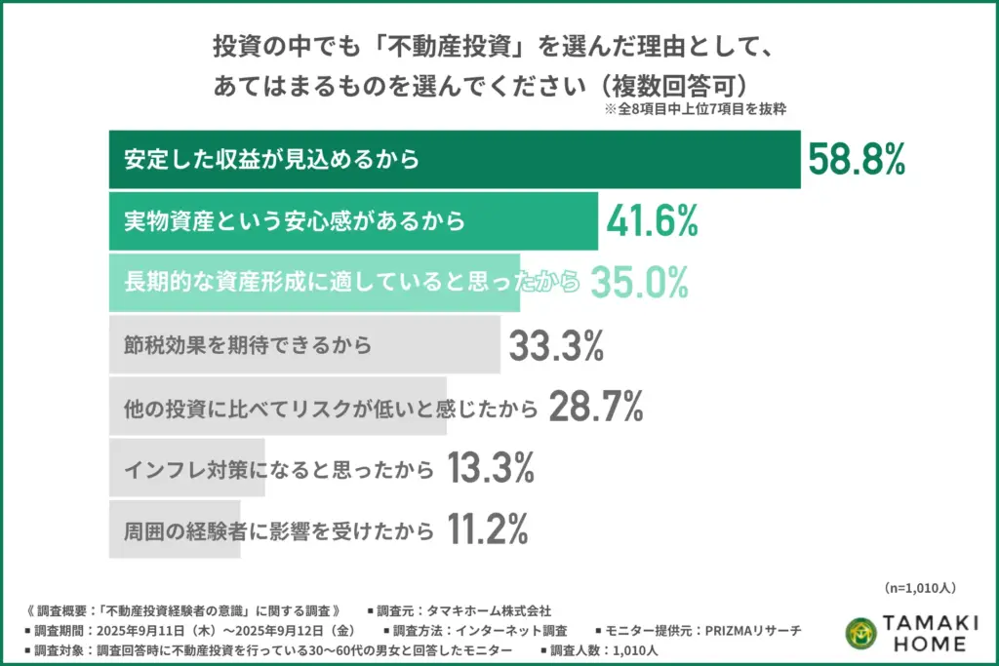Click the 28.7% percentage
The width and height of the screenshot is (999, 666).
(x=595, y=407)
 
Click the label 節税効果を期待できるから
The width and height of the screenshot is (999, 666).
(x=250, y=345)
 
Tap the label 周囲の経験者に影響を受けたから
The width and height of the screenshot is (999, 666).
(x=279, y=531)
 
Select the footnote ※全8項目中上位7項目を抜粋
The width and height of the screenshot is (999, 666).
(x=696, y=110)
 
